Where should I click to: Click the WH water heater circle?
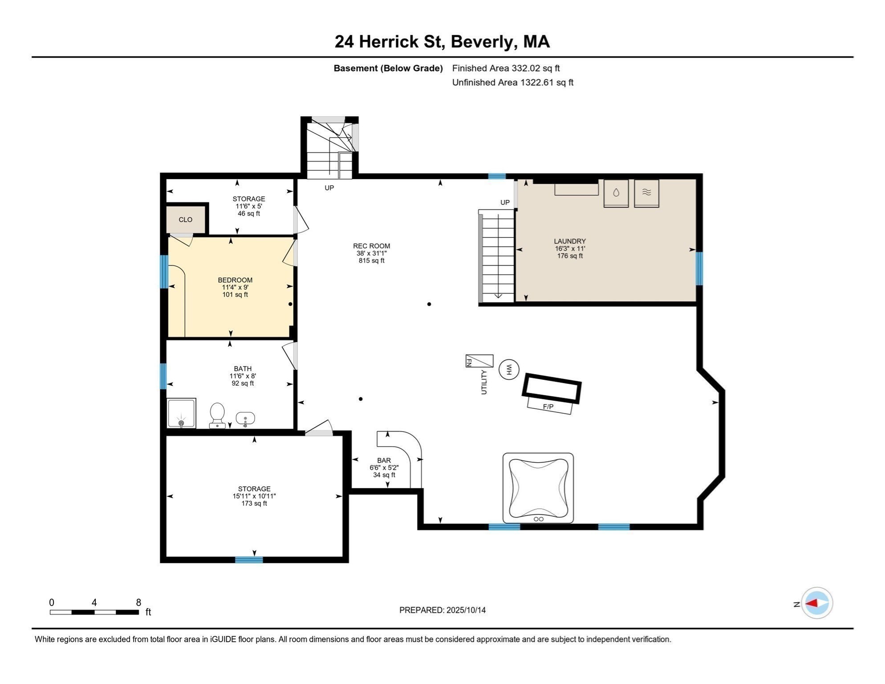tap(509, 370)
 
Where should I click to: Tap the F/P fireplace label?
tap(548, 407)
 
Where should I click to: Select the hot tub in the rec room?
tap(538, 488)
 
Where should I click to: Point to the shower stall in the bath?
tap(181, 413)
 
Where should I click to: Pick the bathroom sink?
tap(245, 419)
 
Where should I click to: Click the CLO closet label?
tap(186, 220)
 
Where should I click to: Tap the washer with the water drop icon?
tap(616, 193)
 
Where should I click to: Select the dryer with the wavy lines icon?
tap(646, 193)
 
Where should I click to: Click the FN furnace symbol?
tap(479, 361)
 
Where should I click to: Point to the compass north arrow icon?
tap(817, 603)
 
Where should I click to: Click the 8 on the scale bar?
tap(138, 603)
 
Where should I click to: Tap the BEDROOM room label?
tap(235, 280)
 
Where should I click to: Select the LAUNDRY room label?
tap(570, 241)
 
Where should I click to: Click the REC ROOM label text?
tap(371, 246)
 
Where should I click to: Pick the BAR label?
tap(384, 460)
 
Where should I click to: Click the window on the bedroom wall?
tap(164, 271)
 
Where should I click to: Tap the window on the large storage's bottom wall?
tap(249, 560)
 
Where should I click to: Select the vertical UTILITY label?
tap(484, 382)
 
